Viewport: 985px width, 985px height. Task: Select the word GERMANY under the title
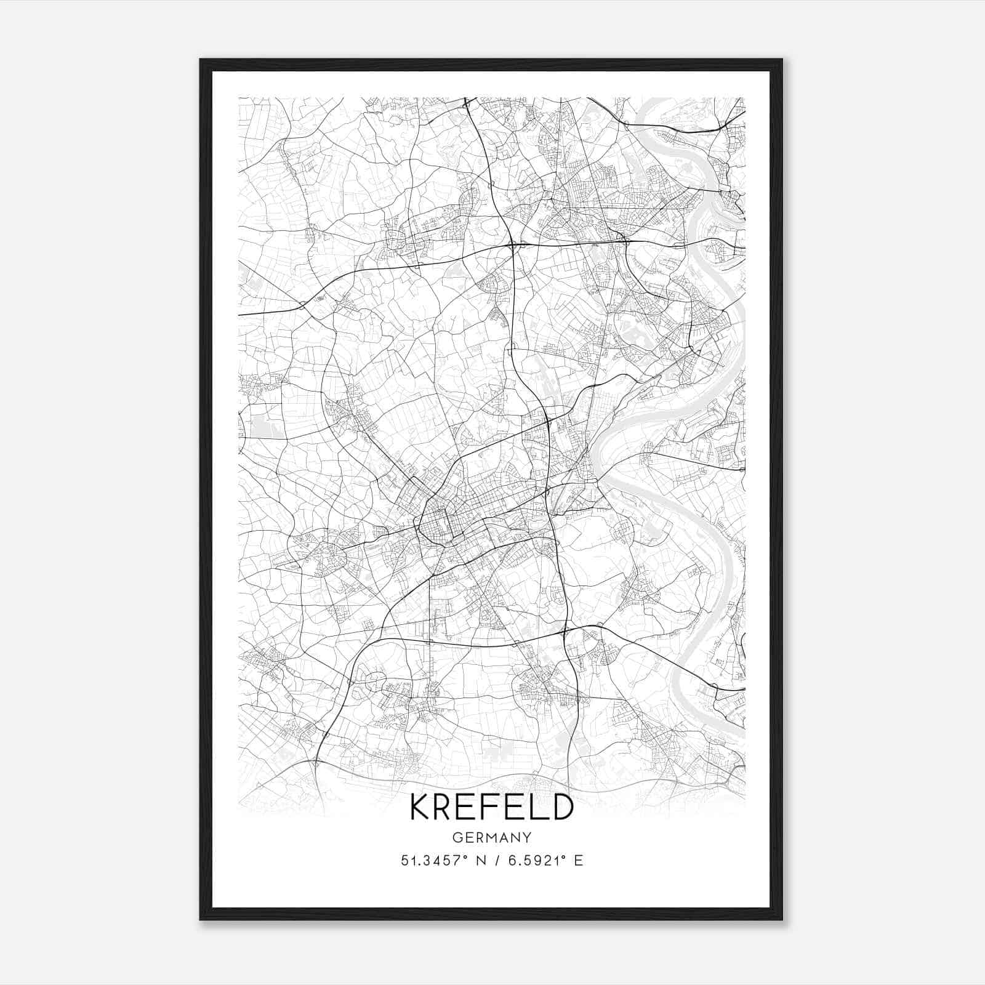click(491, 837)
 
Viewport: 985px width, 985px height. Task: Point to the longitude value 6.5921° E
click(544, 860)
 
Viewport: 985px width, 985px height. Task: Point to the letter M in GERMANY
click(492, 837)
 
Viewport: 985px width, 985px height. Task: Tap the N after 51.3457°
click(481, 860)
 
